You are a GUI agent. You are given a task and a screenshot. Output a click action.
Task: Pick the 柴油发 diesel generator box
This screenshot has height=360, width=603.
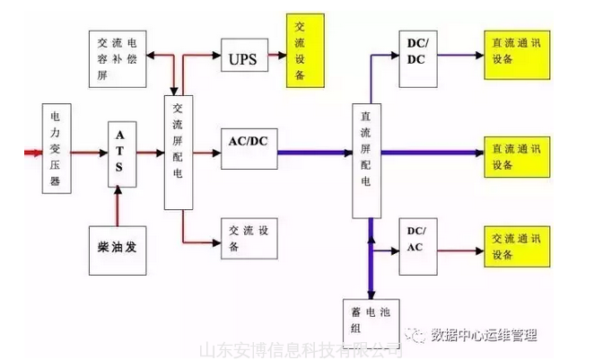click(x=119, y=242)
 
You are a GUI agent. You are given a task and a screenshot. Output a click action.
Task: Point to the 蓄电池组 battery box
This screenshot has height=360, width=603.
click(x=366, y=320)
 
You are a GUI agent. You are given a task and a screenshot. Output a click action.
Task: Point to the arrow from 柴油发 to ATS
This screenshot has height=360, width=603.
click(x=118, y=204)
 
